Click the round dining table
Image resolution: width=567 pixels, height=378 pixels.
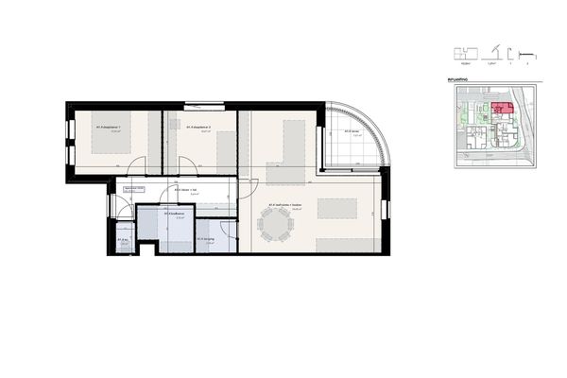coord(276,226)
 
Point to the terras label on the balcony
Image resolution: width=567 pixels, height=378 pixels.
coord(355,131)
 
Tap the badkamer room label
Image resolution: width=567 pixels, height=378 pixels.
coord(174,214)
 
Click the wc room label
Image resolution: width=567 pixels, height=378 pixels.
coord(124,240)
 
